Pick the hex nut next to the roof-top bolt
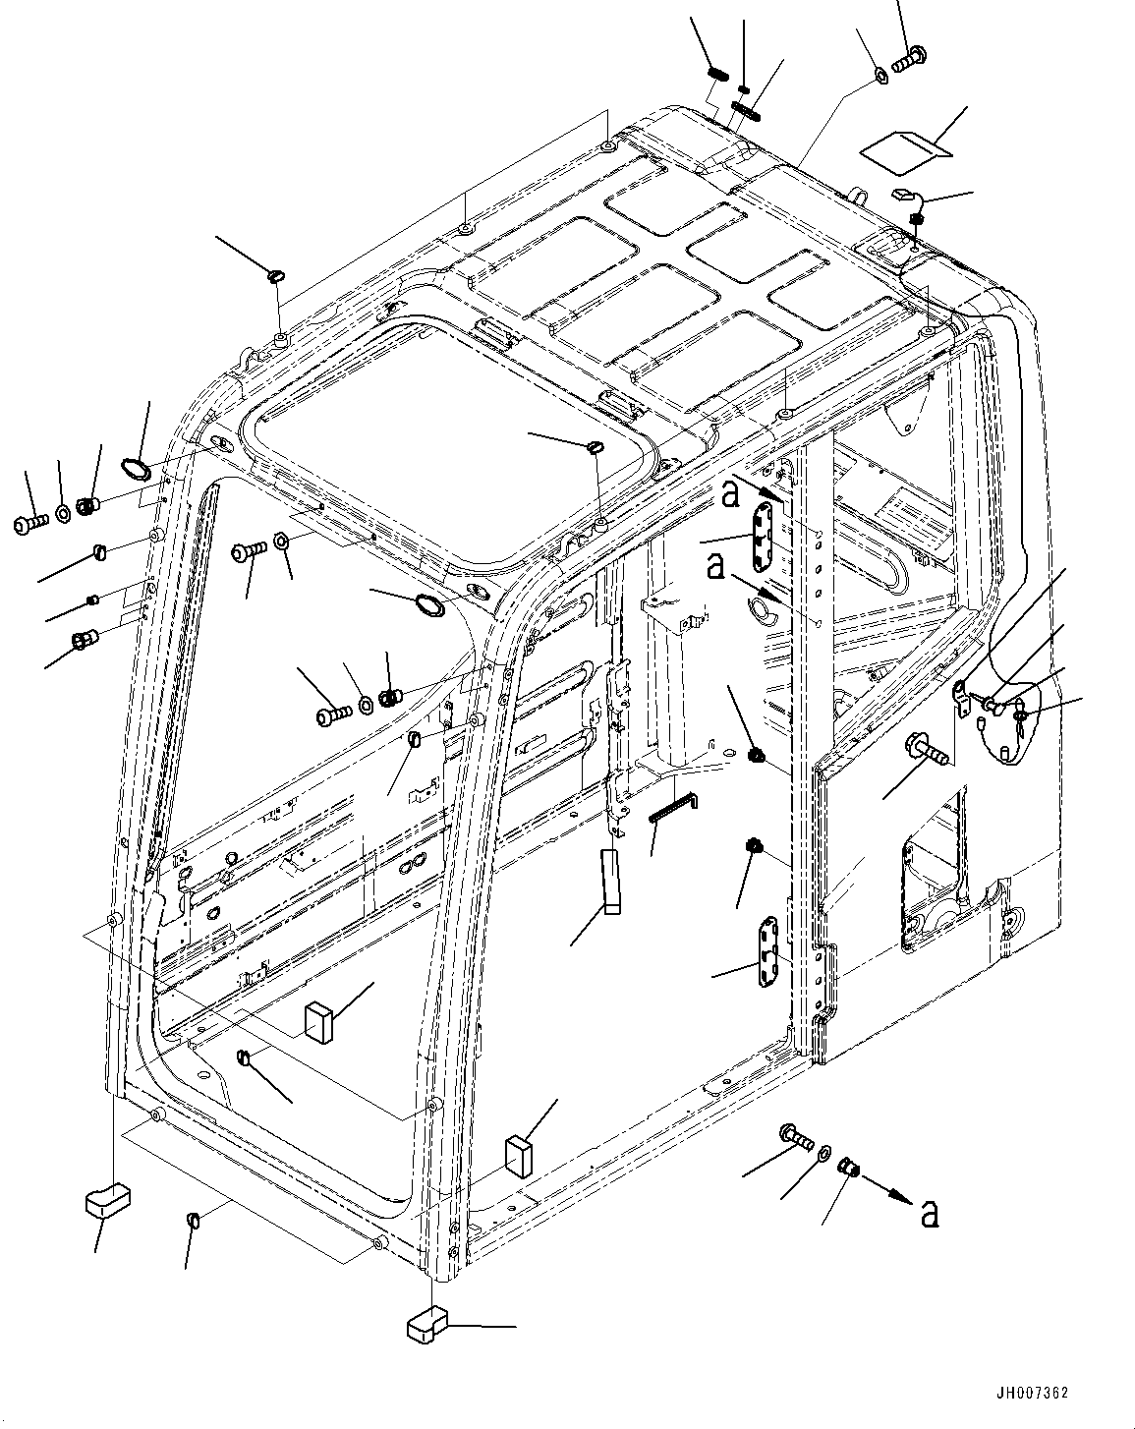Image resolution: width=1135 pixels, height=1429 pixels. click(x=881, y=75)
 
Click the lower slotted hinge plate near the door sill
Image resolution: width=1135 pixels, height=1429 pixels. click(x=768, y=950)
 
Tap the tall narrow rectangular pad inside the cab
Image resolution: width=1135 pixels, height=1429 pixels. click(x=612, y=882)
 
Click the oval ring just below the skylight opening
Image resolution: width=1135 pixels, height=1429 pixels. click(x=426, y=605)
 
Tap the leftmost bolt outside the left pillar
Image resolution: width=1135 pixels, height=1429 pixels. click(x=30, y=524)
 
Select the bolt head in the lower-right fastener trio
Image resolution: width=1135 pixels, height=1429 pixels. click(x=797, y=1137)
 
